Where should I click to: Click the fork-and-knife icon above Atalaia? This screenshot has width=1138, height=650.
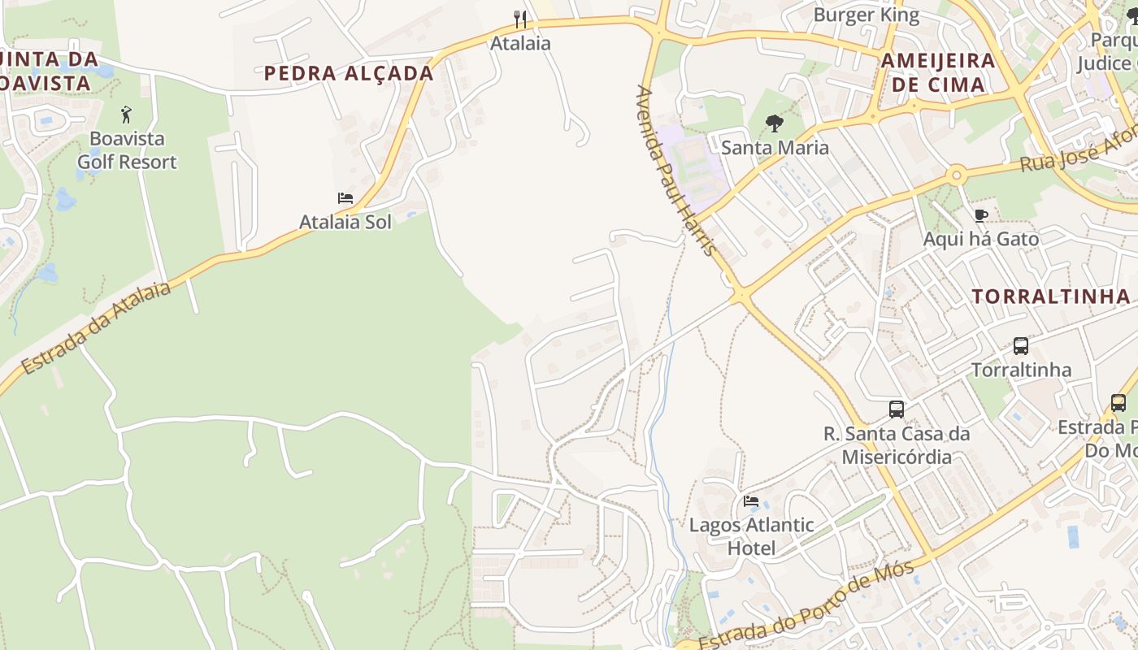point(520,19)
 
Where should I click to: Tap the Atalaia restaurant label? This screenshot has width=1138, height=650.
point(520,43)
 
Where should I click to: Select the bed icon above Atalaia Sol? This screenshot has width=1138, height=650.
point(345,198)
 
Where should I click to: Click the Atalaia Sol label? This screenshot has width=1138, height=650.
point(345,222)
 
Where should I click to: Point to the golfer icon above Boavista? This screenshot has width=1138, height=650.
point(126,115)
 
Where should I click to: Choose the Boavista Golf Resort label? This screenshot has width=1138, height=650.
point(127,150)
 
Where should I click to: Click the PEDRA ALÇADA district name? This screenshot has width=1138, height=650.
point(349,73)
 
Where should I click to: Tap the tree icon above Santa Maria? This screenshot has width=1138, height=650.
point(775,123)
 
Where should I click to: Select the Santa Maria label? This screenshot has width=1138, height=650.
point(775,147)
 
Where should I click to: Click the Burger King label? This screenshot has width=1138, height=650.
point(867,15)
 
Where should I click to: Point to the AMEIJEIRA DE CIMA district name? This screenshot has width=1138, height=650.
point(938,72)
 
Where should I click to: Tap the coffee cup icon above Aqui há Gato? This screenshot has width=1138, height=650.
point(981,215)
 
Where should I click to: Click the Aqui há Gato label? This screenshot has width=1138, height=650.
point(981,239)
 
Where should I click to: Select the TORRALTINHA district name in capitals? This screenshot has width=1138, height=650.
point(1052,297)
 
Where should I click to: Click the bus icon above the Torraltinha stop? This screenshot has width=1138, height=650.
point(1021,346)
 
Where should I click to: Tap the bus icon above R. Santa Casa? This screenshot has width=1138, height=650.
point(897,409)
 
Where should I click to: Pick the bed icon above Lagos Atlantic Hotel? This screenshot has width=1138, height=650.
point(751,501)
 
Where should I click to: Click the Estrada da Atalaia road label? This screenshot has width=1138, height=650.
point(96,329)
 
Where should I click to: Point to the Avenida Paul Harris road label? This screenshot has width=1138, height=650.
point(675,171)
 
